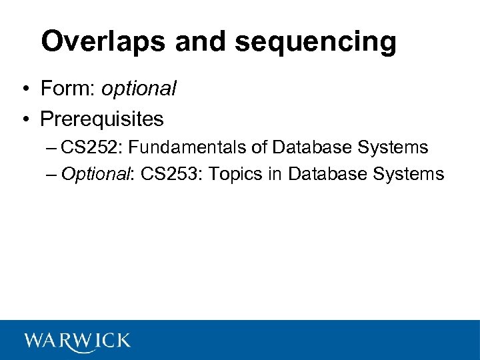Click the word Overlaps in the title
[x=103, y=42]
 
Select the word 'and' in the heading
[x=199, y=42]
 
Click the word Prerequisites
[x=101, y=119]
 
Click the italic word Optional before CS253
[x=95, y=175]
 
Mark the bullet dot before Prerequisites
[x=25, y=120]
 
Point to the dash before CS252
[x=53, y=147]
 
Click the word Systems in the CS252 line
[x=397, y=147]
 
